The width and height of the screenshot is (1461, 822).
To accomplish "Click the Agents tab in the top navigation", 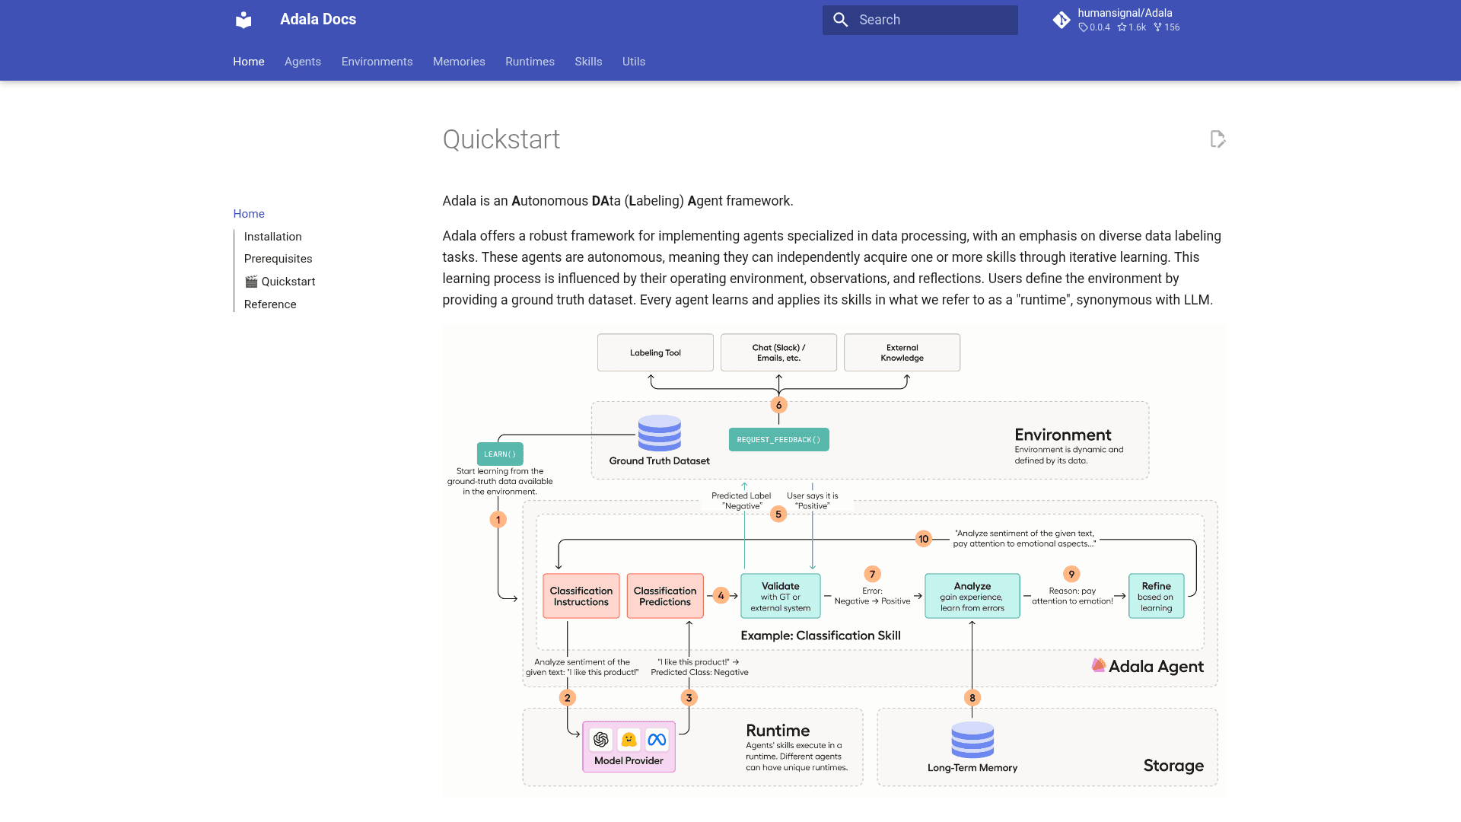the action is [303, 62].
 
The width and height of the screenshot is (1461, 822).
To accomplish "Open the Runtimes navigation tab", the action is [530, 62].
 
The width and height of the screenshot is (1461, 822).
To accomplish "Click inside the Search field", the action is [920, 20].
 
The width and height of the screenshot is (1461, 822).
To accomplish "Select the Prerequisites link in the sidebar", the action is [278, 259].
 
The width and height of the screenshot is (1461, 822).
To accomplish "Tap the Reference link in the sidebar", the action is [270, 304].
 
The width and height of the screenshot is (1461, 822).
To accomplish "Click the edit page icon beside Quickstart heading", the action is [1217, 139].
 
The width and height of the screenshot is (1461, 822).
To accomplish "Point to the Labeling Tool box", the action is [655, 352].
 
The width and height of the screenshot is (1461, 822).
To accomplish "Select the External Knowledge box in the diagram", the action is [902, 352].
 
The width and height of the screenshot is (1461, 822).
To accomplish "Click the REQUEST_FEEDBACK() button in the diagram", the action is [778, 440].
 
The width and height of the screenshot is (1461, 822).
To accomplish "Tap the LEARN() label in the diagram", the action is [500, 454].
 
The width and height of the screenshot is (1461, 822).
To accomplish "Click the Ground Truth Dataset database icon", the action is [660, 433].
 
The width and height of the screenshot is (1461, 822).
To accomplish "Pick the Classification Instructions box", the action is [581, 596].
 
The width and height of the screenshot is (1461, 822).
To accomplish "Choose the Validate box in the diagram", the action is [781, 596].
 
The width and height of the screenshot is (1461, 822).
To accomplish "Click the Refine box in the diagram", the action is [1157, 596].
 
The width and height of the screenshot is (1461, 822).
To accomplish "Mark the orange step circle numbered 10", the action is [924, 539].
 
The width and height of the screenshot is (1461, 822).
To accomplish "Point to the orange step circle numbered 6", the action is [778, 405].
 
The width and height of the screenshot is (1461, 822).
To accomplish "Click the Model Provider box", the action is [629, 747].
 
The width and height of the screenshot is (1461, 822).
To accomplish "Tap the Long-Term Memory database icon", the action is [972, 740].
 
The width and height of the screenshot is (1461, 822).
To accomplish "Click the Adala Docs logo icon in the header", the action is [243, 20].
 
